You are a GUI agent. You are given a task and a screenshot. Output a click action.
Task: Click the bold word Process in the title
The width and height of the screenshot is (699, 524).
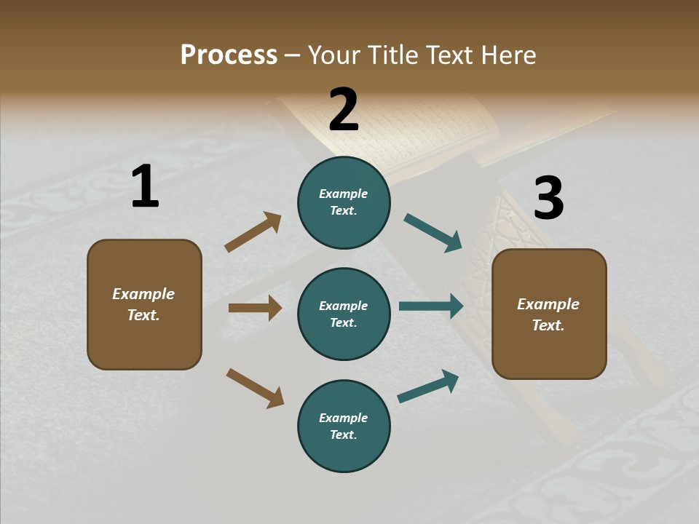pos(229,55)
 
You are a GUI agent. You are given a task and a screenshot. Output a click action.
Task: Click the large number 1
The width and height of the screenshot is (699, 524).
pos(145,187)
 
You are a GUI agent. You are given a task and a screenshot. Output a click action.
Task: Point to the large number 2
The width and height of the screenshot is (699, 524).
pos(344,110)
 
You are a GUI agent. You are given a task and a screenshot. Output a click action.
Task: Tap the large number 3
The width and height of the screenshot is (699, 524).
pos(548,199)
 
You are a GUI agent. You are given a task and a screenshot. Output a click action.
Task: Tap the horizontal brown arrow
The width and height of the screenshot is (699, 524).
pos(255,308)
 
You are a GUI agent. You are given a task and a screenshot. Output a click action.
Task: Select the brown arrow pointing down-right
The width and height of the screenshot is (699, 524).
pos(255,387)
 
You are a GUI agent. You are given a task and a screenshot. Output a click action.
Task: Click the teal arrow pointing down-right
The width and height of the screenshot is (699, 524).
pos(433,232)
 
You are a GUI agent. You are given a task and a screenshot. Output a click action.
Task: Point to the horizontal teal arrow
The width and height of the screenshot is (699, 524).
pos(431,306)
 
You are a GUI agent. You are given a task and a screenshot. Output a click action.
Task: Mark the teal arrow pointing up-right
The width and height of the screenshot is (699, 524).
pos(428,386)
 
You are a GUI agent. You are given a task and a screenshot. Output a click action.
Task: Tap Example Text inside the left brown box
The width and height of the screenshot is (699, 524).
pos(143,304)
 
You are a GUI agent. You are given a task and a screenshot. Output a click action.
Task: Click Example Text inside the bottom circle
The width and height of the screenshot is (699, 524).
pos(344,426)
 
